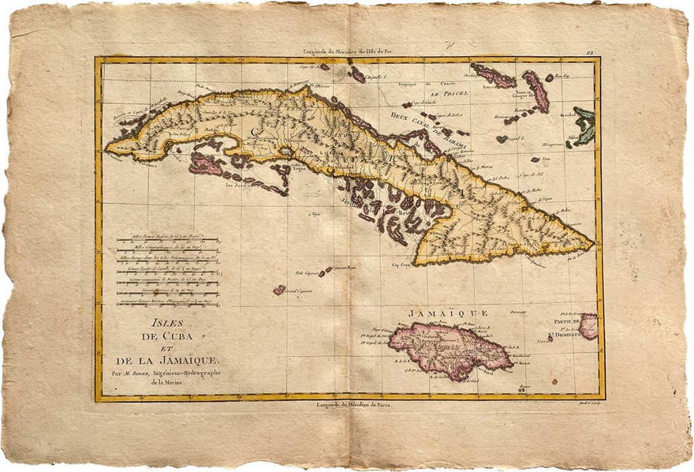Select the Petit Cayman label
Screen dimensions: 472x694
(x=306, y=274)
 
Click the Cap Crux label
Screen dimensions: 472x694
(x=403, y=264)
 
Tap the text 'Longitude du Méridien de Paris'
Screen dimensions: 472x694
(x=354, y=404)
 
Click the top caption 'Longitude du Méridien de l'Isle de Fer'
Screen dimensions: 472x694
(x=355, y=52)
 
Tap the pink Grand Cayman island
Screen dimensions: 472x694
(x=279, y=290)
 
